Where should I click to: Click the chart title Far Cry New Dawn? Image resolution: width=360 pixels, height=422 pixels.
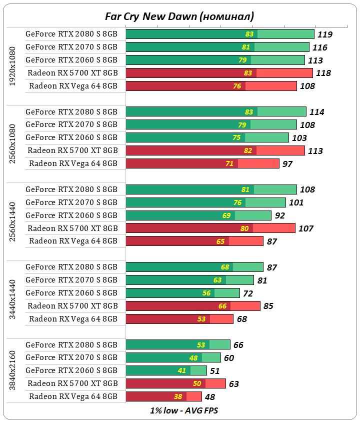click(179, 16)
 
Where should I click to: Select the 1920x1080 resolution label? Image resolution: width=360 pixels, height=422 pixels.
click(13, 66)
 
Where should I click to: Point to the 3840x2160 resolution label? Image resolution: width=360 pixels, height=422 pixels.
click(13, 371)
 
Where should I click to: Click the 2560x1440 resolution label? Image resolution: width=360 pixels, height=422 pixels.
click(13, 221)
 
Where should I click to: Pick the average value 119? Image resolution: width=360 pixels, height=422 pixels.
click(325, 34)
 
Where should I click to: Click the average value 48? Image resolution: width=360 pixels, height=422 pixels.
click(210, 397)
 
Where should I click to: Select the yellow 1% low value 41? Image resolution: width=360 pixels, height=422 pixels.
click(196, 371)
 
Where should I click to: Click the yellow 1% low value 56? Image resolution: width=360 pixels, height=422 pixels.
click(206, 293)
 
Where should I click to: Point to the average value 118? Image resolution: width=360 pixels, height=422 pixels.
click(323, 73)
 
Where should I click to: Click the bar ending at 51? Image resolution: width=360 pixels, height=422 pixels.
click(166, 370)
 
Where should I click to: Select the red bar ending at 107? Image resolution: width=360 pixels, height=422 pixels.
click(210, 228)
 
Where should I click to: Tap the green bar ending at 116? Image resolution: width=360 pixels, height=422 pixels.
click(217, 47)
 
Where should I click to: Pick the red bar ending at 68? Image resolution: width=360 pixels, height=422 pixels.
click(179, 319)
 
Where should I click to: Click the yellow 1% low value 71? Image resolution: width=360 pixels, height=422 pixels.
click(230, 163)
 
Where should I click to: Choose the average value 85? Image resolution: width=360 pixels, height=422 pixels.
click(268, 306)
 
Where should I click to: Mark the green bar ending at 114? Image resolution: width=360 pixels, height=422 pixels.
click(216, 111)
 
